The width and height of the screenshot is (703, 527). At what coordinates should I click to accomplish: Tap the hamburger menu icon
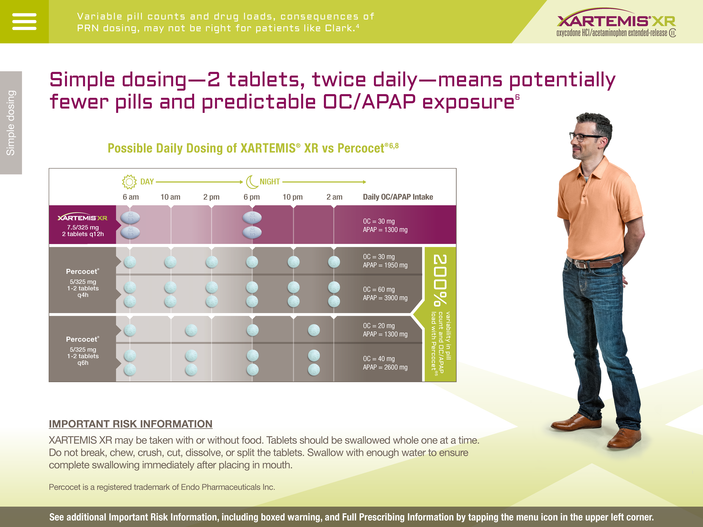click(24, 22)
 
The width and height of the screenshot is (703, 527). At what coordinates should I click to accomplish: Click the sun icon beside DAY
click(129, 182)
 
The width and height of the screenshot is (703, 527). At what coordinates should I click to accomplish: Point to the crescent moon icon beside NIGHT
click(252, 182)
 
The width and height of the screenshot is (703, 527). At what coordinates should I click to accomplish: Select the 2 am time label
click(334, 197)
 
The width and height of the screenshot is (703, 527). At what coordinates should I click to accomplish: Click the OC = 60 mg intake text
click(379, 289)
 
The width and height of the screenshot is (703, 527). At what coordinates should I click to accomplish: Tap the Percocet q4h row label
click(83, 283)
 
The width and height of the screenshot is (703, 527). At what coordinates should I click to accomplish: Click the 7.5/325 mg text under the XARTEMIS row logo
click(83, 227)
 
